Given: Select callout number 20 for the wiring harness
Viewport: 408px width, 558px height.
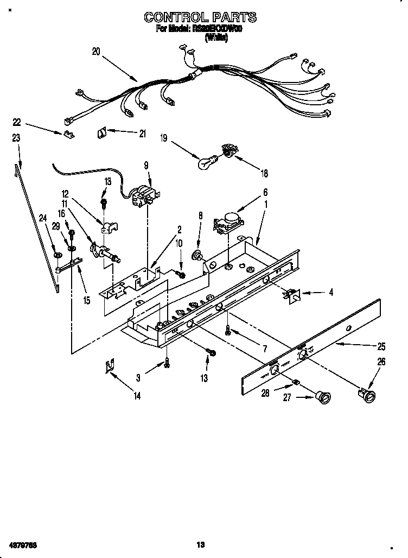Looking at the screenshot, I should click(x=96, y=52).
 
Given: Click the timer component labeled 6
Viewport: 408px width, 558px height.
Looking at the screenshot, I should click(x=228, y=223).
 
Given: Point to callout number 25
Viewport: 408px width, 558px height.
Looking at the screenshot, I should click(x=381, y=346).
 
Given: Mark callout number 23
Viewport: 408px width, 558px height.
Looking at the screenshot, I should click(x=16, y=138).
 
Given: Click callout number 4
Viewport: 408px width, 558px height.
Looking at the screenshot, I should click(x=331, y=292).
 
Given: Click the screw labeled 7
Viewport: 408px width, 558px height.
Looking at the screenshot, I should click(x=229, y=331).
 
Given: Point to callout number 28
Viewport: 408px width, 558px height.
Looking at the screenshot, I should click(x=265, y=394).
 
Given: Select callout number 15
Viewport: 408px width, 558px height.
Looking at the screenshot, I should click(x=86, y=300).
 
